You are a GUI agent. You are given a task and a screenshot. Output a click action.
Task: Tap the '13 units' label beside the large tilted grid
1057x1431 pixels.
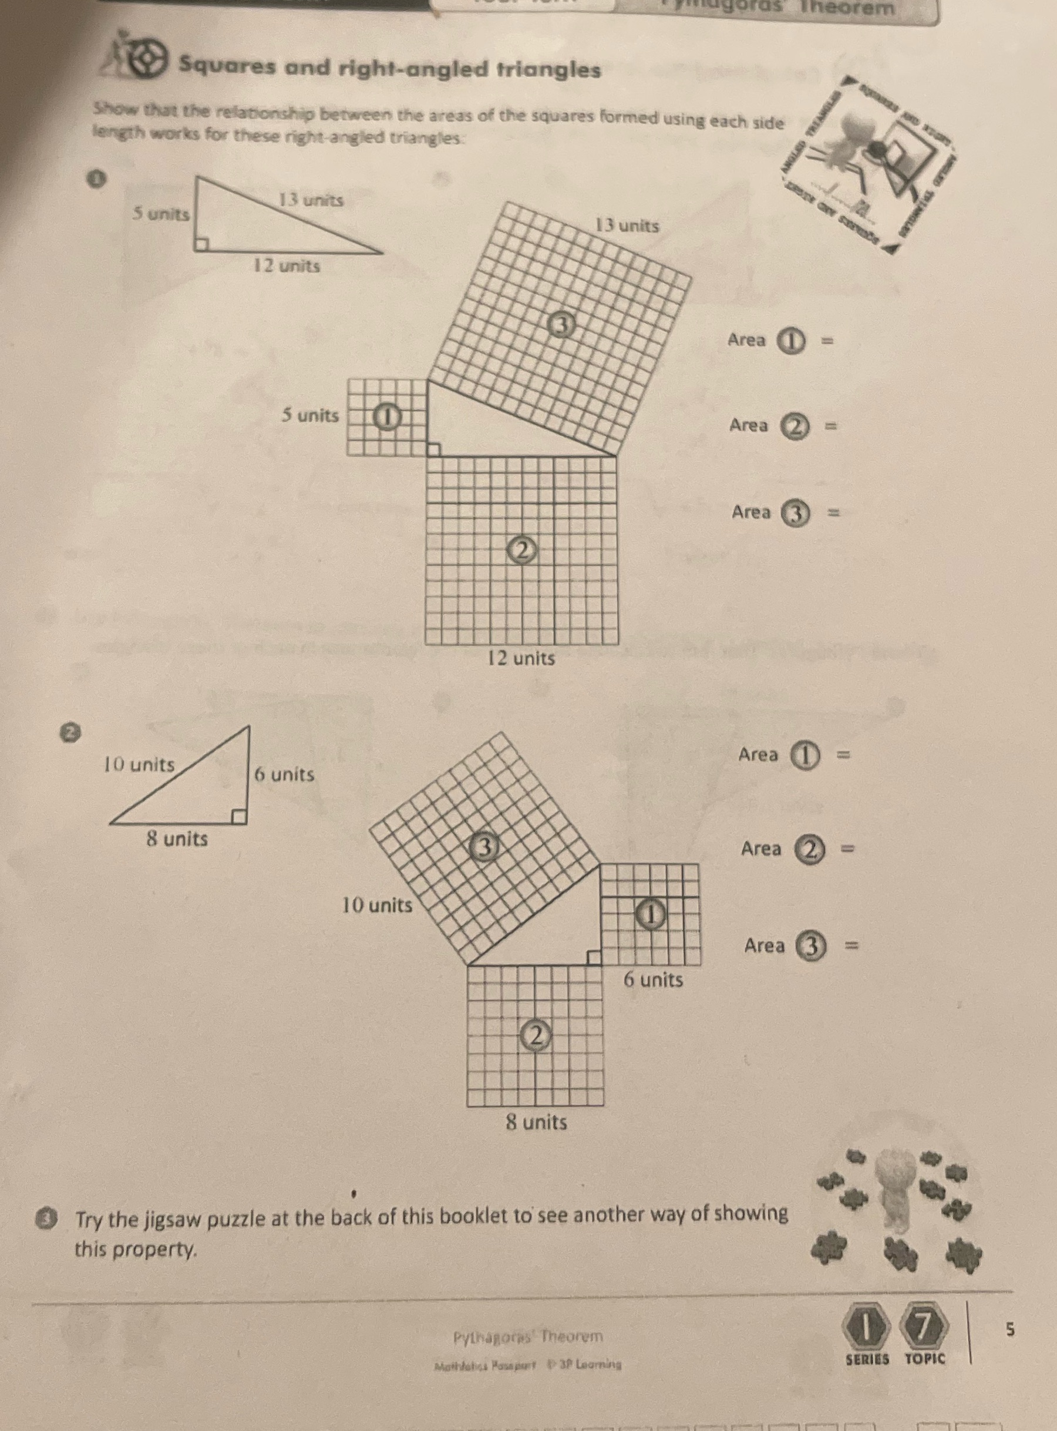coord(627,226)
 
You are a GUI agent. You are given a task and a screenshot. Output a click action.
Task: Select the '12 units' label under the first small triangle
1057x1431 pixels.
coord(285,265)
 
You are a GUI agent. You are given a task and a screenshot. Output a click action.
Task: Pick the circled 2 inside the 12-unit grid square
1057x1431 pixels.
coord(522,550)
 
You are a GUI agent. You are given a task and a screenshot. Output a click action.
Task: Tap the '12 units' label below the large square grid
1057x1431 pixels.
coord(521,658)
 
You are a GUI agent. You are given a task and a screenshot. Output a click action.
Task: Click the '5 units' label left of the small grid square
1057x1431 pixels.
coord(310,416)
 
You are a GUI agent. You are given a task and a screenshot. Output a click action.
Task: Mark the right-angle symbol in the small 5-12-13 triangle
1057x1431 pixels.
coord(201,244)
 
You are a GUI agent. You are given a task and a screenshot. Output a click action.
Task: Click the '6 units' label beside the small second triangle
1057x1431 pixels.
coord(285,775)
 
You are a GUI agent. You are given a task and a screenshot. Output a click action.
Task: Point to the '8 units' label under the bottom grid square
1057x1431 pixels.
coord(536,1122)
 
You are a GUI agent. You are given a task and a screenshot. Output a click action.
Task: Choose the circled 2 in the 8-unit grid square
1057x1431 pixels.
coord(536,1035)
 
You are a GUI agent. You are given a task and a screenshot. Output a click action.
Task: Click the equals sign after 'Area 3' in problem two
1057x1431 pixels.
coord(851,945)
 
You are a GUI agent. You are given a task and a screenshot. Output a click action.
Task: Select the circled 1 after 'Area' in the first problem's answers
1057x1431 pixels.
coord(792,341)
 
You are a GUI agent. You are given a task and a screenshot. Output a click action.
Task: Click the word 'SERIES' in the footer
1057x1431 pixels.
coord(867,1359)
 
